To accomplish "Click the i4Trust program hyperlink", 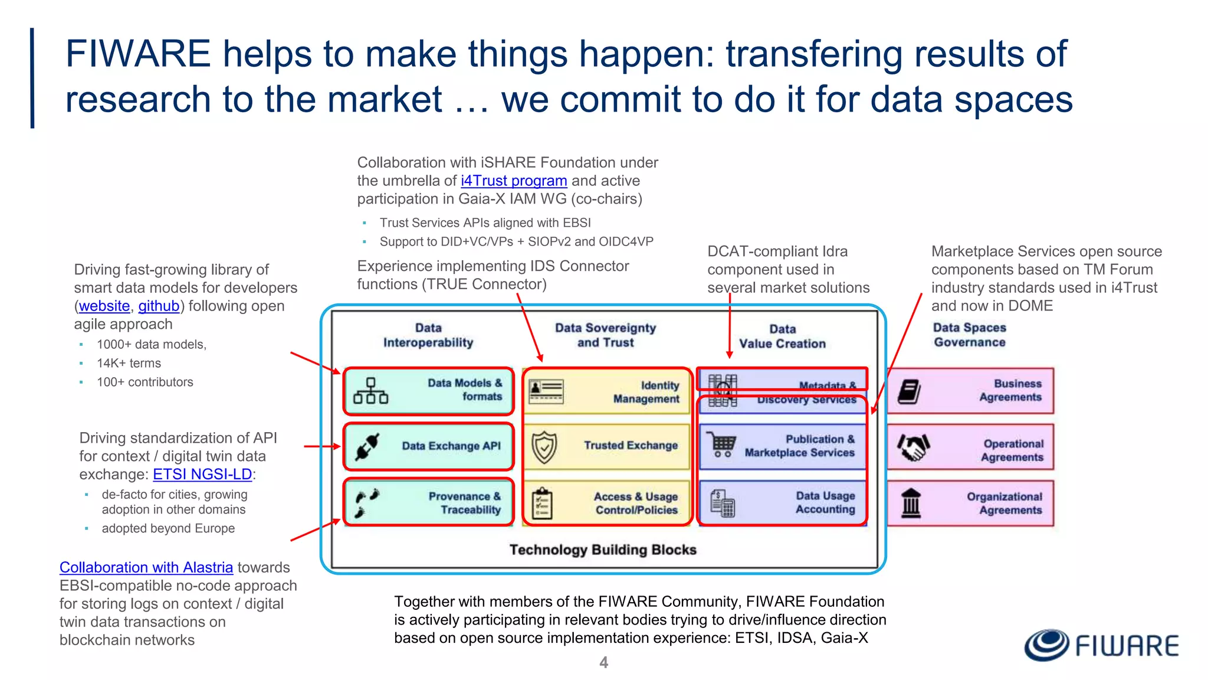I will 513,181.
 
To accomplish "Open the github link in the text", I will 159,306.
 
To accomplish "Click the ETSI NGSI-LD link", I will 202,474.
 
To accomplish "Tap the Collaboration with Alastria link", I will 146,567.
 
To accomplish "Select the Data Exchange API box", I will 429,446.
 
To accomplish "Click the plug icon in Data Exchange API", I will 367,447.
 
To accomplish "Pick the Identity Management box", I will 606,392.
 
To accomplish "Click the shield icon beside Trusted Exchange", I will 544,447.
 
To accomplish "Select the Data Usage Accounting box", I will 782,503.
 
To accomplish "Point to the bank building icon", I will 911,504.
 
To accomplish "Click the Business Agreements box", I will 970,391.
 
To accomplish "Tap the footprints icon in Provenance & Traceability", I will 367,504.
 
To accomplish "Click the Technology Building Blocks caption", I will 603,550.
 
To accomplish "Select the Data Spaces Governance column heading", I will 969,335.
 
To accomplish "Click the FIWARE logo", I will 1101,645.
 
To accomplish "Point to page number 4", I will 603,662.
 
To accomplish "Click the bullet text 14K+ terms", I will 129,363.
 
